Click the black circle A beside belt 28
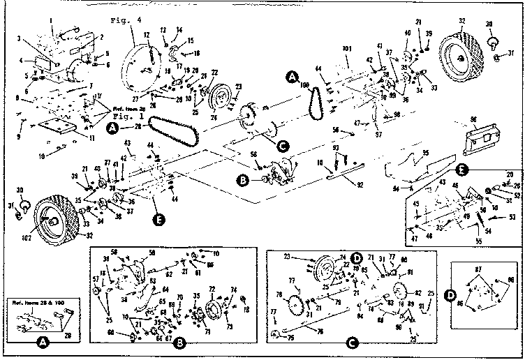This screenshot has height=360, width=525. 112,128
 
